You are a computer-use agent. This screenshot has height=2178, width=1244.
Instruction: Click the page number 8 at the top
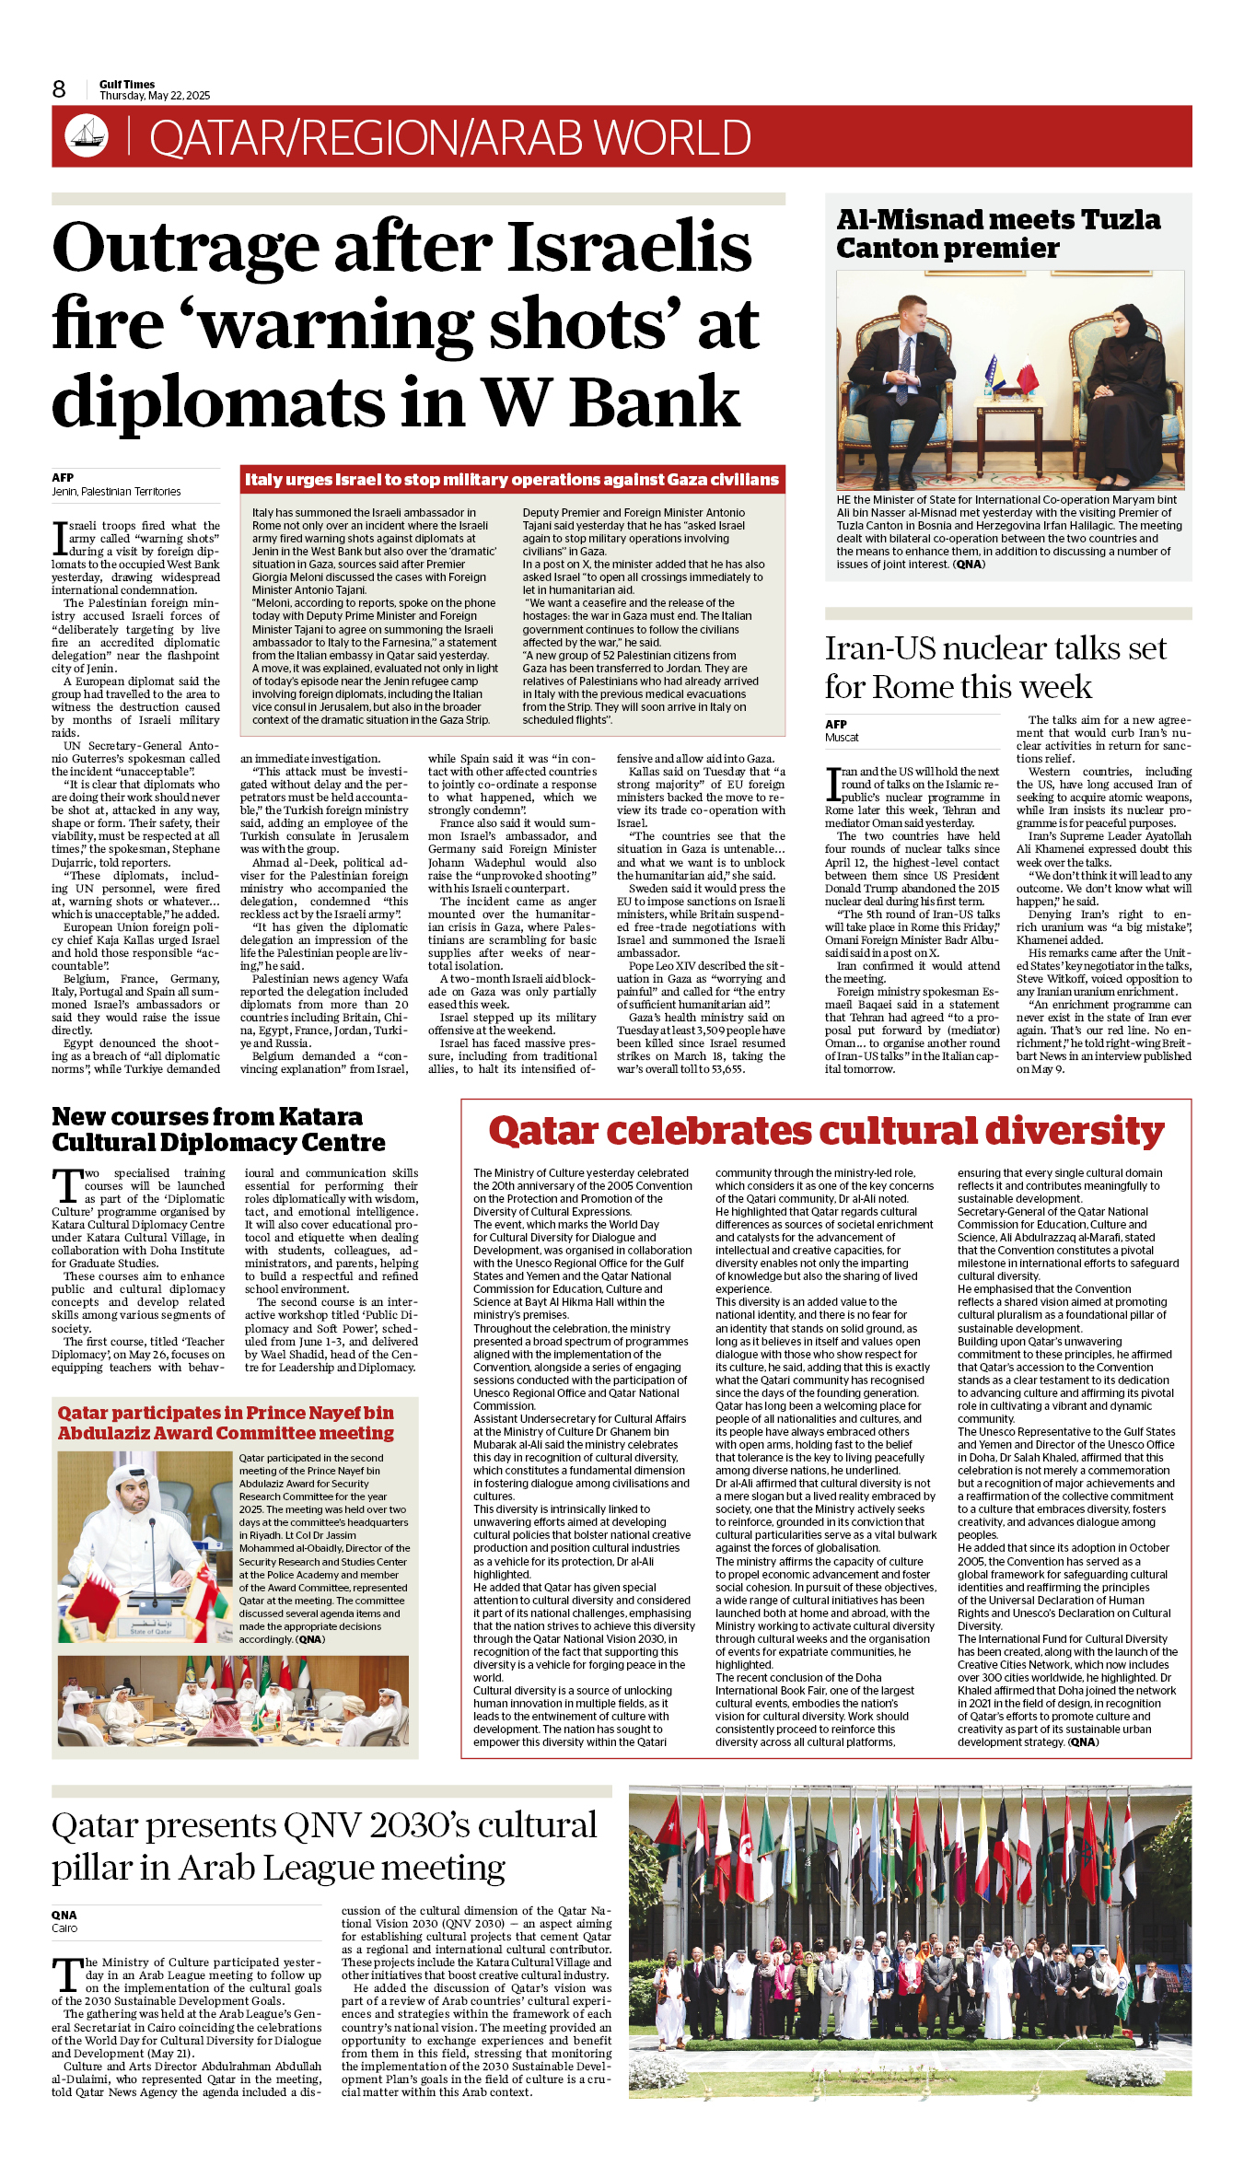(59, 89)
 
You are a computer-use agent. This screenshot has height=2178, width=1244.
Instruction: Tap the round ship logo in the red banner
(87, 135)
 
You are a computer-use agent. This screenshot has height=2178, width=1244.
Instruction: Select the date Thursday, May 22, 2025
(155, 96)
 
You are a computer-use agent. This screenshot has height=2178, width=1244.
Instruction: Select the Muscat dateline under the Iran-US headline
(842, 738)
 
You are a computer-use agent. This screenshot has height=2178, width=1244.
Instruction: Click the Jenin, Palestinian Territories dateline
(116, 492)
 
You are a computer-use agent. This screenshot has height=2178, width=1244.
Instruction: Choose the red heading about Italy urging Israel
(512, 480)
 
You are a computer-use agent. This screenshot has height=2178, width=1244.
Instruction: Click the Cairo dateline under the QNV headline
(64, 1928)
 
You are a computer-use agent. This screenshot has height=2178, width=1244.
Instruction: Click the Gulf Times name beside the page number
(127, 85)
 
